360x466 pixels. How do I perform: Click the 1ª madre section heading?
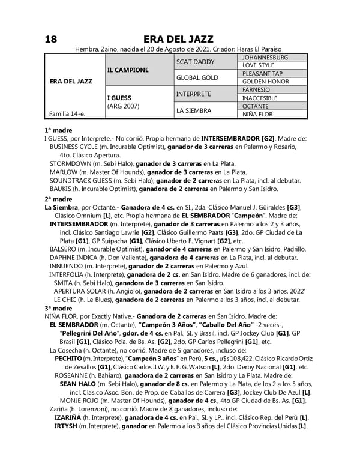pos(58,130)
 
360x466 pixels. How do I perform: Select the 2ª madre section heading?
pos(58,199)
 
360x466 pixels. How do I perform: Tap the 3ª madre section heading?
pos(58,308)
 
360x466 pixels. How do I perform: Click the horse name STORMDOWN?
pos(70,163)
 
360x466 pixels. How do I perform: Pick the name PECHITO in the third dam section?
pos(68,358)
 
